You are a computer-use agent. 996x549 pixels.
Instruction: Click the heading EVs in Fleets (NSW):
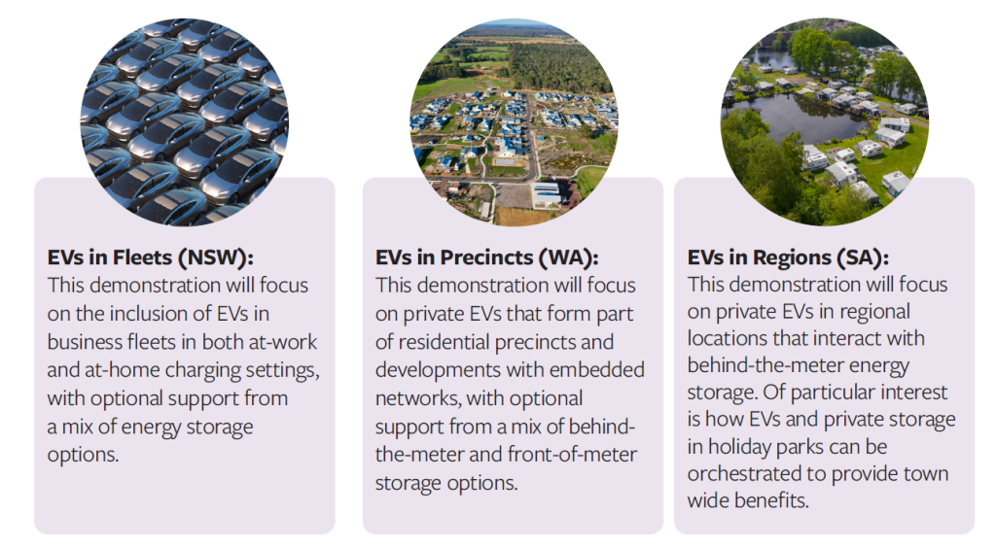150,257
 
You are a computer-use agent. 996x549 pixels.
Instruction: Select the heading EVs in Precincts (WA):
486,257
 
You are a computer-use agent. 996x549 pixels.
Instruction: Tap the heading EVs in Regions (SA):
788,257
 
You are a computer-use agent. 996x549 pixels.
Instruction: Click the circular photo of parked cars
184,121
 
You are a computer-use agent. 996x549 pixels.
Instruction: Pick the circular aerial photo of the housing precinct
514,121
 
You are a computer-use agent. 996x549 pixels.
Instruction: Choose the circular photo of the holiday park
825,121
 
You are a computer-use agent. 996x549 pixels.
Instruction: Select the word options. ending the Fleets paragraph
83,455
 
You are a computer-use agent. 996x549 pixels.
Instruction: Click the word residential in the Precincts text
444,342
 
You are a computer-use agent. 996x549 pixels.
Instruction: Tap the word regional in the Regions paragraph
874,312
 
